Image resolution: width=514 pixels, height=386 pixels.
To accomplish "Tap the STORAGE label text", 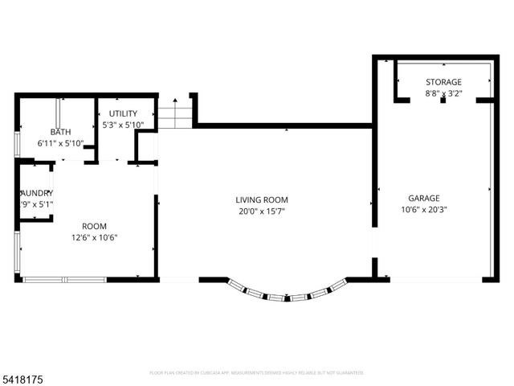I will pos(443,82).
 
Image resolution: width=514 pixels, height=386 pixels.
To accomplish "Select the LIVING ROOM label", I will pos(262,199).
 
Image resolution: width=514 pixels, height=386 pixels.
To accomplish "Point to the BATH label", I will pos(60,132).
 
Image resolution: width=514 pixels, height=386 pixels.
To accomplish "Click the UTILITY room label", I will pos(123,113).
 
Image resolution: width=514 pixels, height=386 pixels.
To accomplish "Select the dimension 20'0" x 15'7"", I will pos(262,211).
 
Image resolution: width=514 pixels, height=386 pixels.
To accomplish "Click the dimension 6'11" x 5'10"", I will pos(60,143).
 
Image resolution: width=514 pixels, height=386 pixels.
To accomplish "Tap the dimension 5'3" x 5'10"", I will pos(123,125).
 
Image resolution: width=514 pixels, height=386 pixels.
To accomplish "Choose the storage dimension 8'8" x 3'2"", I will pos(443,93).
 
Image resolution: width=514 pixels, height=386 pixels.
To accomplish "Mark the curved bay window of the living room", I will pos(288,294).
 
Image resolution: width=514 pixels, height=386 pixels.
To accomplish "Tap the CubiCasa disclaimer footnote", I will pos(257,372).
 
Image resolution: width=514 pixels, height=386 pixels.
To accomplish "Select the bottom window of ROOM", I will pos(64,280).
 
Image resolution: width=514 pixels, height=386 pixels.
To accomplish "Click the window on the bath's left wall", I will pos(18,143).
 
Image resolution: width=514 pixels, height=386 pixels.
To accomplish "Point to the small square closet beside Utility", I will pos(146,146).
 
